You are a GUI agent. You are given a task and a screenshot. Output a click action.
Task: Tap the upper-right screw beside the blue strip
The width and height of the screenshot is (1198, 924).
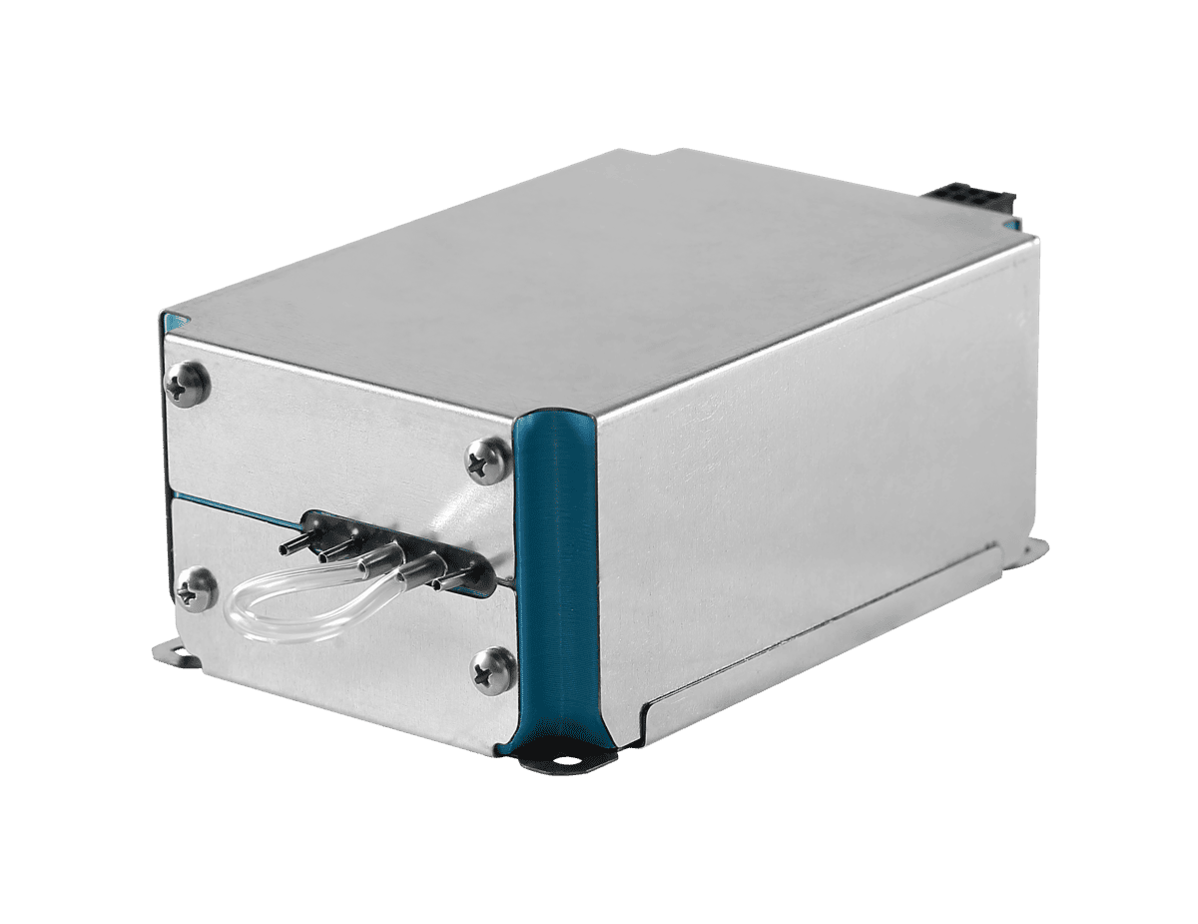pos(488,461)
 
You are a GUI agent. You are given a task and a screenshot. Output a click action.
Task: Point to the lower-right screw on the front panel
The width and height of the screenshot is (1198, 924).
pos(493,668)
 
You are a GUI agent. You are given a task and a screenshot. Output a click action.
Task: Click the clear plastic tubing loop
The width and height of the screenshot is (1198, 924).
pos(299,610)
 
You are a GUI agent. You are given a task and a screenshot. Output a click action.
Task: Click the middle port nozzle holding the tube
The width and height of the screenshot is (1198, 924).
pos(377,559)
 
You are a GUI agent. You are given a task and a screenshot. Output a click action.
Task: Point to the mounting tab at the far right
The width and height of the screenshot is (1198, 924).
pos(1032,546)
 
